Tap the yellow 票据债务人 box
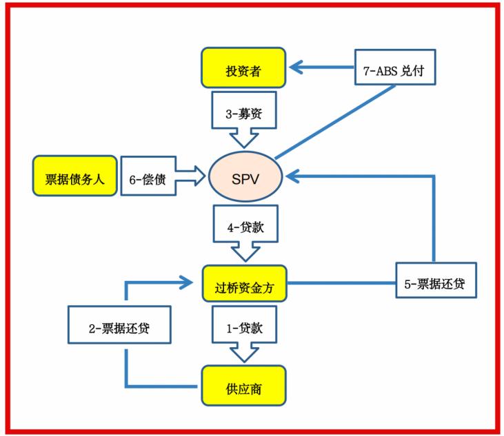(x=74, y=176)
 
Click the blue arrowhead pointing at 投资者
(x=297, y=68)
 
